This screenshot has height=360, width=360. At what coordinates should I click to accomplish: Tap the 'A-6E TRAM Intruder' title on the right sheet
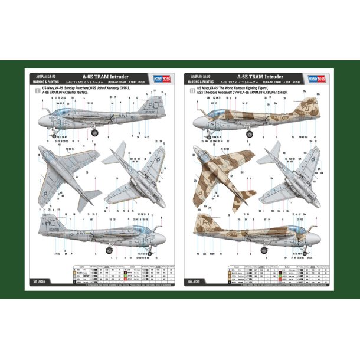[x=260, y=76]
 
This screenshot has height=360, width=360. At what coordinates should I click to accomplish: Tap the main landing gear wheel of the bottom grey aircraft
[x=109, y=250]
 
